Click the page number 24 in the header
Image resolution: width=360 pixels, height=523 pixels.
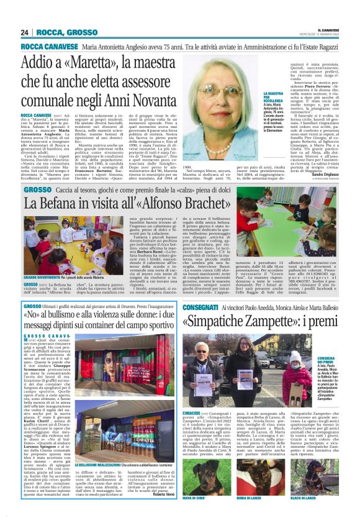(25, 32)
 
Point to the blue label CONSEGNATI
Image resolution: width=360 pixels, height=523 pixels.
(201, 307)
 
